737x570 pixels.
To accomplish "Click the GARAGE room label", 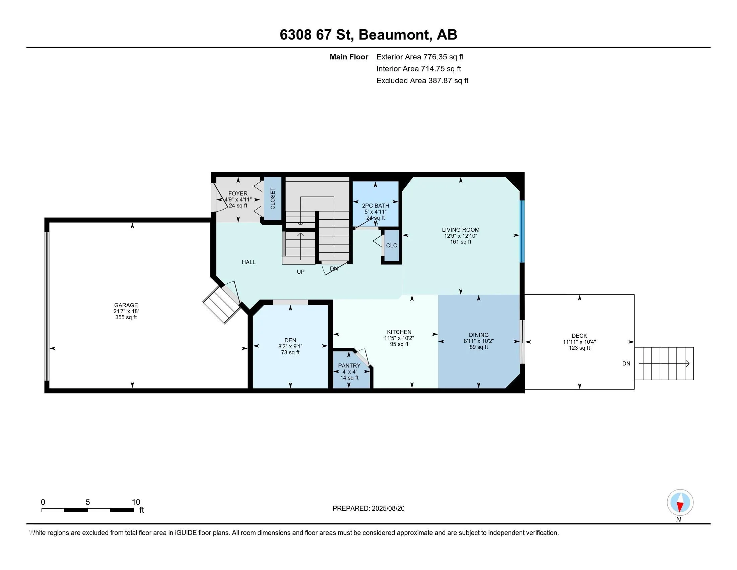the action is [126, 305].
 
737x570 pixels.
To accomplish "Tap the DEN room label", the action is [290, 340].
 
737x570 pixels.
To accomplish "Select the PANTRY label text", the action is [349, 366].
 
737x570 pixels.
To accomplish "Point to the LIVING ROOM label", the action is [461, 230].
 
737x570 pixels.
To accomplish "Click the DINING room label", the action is [478, 335].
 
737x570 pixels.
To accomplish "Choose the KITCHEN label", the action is [399, 332].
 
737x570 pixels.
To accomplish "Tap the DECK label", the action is [580, 336].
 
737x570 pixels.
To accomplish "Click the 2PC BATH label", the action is [376, 206].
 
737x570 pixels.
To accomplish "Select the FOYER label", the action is [238, 193].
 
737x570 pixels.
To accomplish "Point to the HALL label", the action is [249, 262].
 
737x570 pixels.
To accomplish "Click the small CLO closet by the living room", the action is [392, 245].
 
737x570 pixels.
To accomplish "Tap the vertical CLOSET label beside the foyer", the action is [273, 198].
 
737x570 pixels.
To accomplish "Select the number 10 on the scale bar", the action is [136, 502].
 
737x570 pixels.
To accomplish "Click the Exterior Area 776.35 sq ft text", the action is [420, 57].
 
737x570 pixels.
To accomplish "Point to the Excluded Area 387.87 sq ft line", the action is [422, 80].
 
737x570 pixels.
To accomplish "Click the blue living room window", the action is [522, 231].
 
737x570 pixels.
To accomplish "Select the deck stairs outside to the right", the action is [664, 364].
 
